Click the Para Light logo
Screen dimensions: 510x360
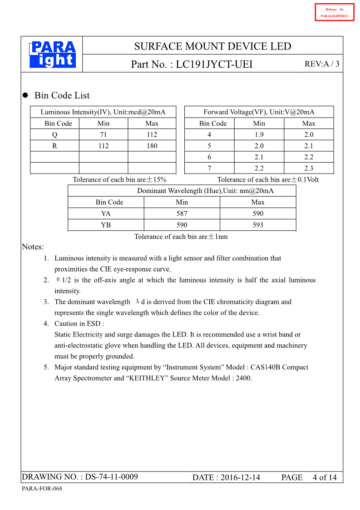52,55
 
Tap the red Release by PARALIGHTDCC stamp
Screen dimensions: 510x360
334,12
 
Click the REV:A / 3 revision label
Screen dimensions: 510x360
322,64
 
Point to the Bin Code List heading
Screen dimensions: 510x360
62,95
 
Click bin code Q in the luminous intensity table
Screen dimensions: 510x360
54,134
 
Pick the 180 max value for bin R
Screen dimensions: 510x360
152,146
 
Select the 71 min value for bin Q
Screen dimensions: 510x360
104,134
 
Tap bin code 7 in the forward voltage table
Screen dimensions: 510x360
209,168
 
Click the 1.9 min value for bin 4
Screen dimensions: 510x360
259,134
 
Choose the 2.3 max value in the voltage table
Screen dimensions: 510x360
309,168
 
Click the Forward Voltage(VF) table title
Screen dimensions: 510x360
259,112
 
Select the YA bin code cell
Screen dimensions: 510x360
106,213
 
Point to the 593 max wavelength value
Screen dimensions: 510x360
258,225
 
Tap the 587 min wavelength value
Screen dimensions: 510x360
182,213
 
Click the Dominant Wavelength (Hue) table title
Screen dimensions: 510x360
205,191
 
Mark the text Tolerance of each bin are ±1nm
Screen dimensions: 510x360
181,237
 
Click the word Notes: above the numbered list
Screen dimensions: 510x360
33,247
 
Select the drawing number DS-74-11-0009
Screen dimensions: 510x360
111,477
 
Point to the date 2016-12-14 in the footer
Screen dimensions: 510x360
240,477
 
